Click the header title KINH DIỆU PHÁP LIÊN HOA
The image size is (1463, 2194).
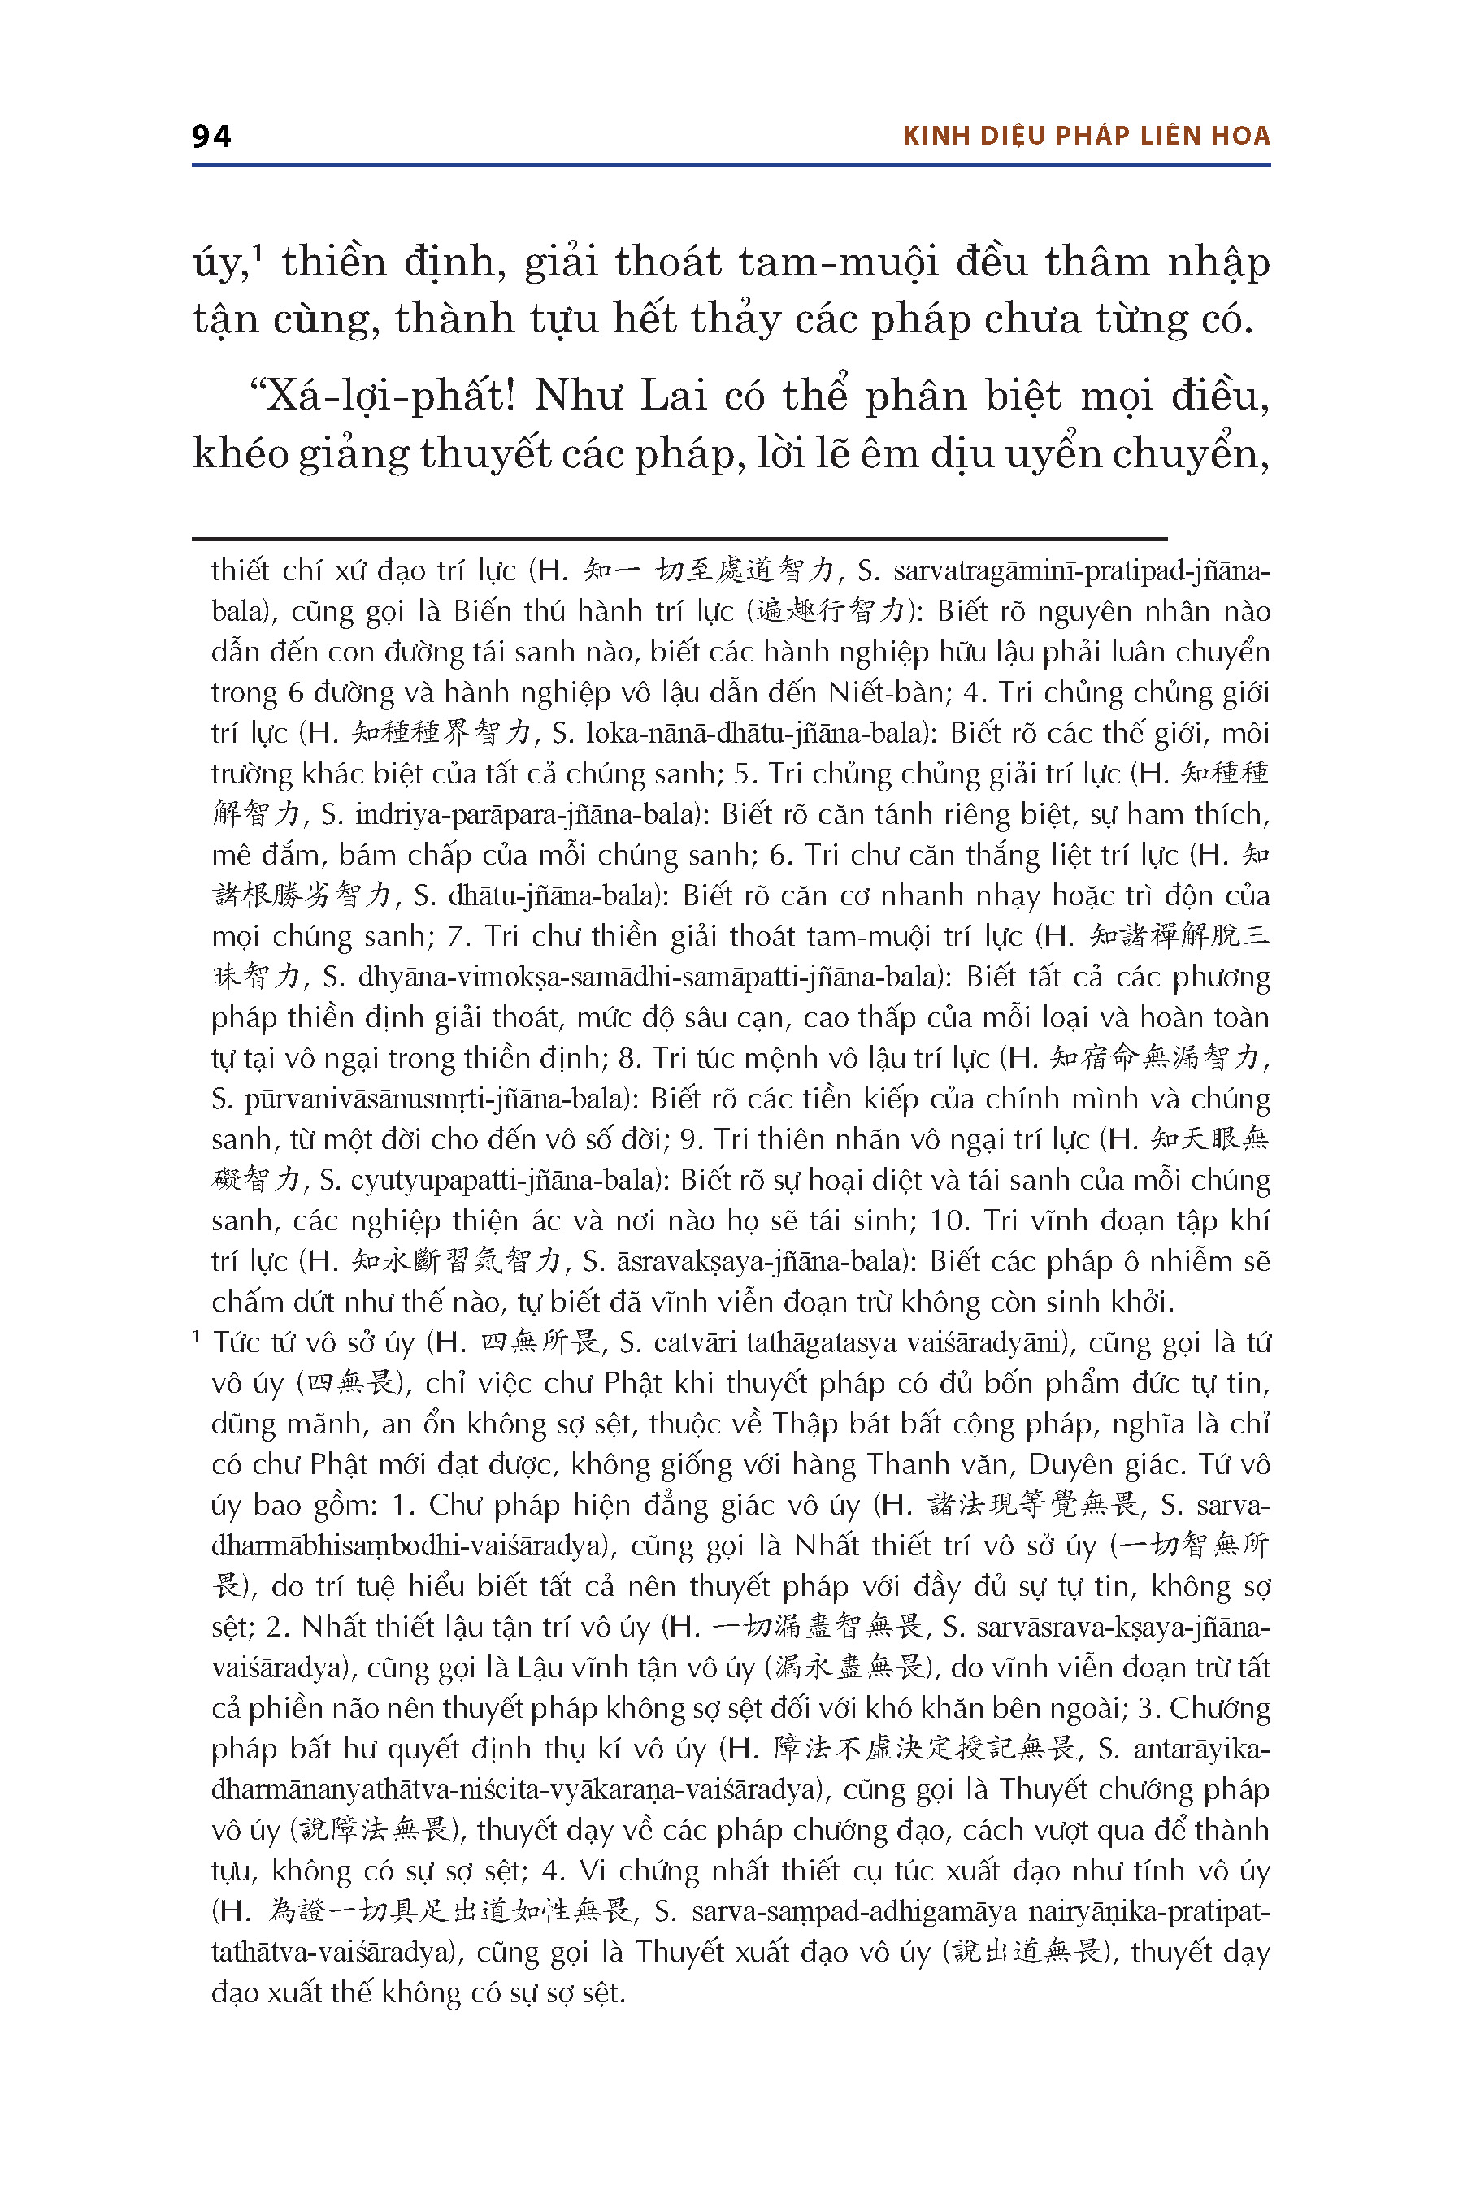[1086, 137]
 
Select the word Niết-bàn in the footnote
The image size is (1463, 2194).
[888, 692]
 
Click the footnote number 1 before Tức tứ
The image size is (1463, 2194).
[197, 1338]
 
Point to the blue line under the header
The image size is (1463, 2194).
[731, 165]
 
